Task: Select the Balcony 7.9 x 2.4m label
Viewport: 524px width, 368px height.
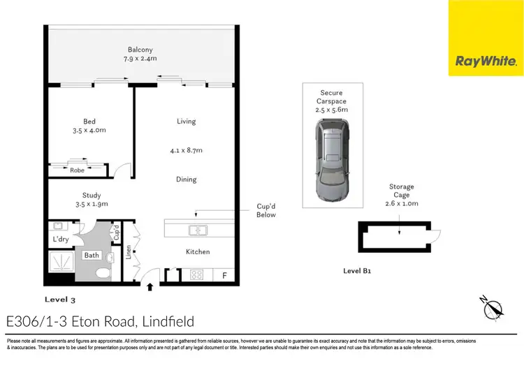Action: coord(140,54)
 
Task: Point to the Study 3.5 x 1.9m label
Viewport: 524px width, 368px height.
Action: coord(92,200)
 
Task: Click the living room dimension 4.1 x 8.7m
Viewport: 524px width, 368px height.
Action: coord(186,150)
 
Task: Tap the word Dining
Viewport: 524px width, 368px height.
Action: coord(186,179)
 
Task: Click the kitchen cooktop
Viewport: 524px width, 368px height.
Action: coord(196,274)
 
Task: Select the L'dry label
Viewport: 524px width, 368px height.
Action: coord(61,240)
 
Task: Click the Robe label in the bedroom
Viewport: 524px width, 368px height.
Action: coord(77,170)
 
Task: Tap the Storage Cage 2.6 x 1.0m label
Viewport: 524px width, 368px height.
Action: coord(402,195)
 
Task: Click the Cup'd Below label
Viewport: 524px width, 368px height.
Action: coord(265,210)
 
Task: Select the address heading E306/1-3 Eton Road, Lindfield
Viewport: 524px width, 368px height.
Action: coord(99,321)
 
